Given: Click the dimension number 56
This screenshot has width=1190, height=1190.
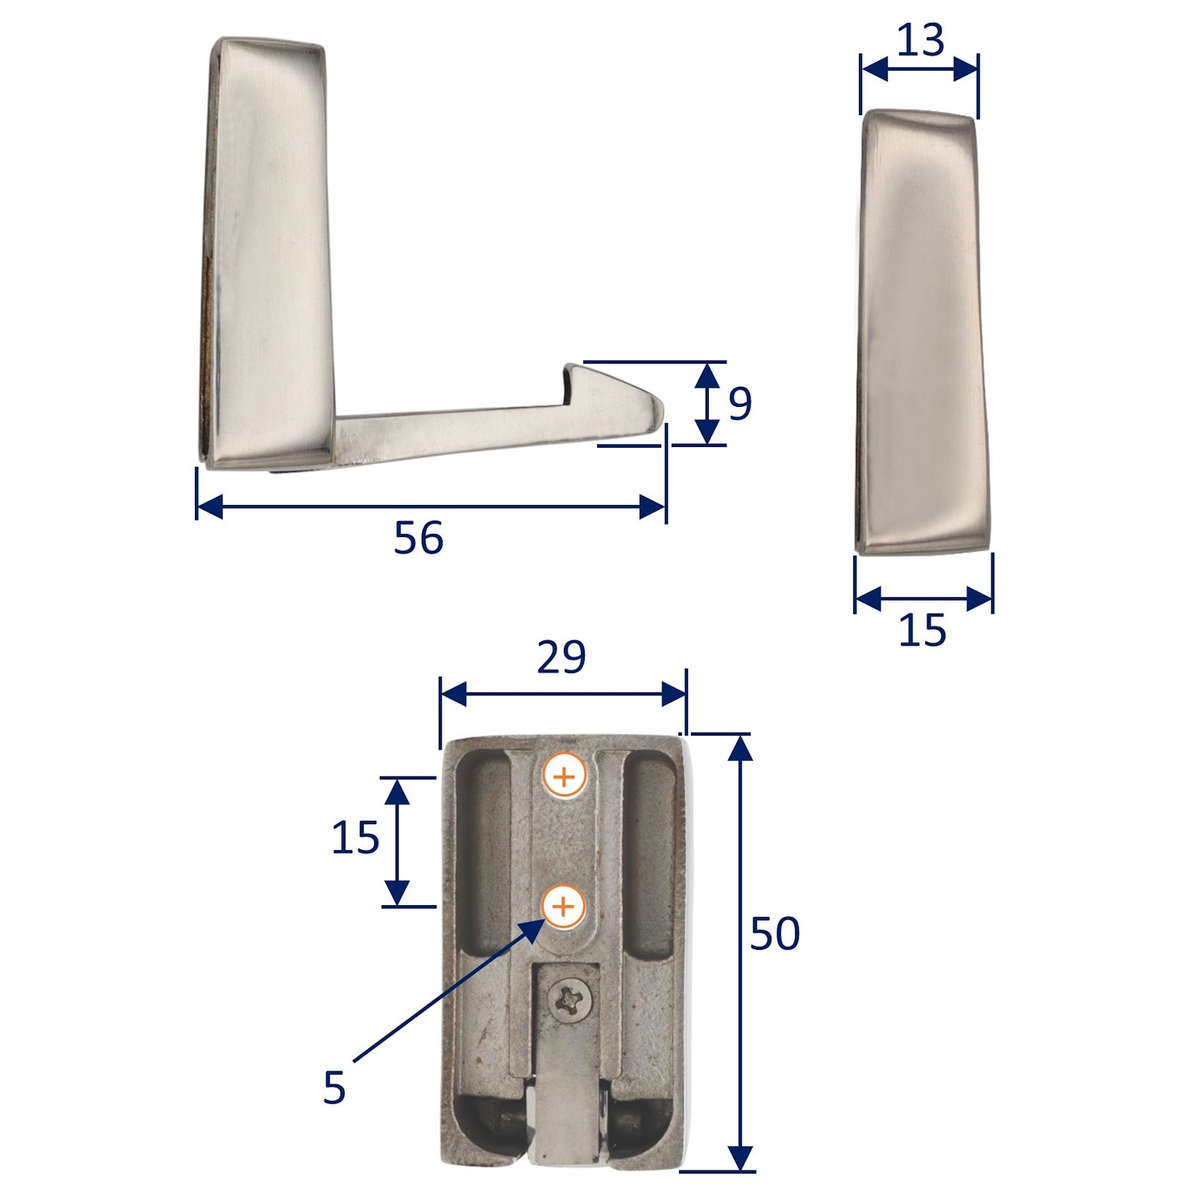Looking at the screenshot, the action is (x=418, y=538).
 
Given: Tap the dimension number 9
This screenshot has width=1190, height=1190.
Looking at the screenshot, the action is (x=739, y=404).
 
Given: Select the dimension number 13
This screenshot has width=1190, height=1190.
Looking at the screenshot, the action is (x=920, y=40).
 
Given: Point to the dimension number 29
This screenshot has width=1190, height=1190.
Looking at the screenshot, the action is (x=561, y=656).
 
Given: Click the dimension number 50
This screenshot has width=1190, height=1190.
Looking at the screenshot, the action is (x=774, y=933).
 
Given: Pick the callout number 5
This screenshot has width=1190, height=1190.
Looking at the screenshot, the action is (x=335, y=1087).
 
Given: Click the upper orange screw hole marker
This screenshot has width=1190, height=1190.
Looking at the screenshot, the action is (x=565, y=777).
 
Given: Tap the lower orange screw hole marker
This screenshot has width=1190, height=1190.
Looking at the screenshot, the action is (x=564, y=907).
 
